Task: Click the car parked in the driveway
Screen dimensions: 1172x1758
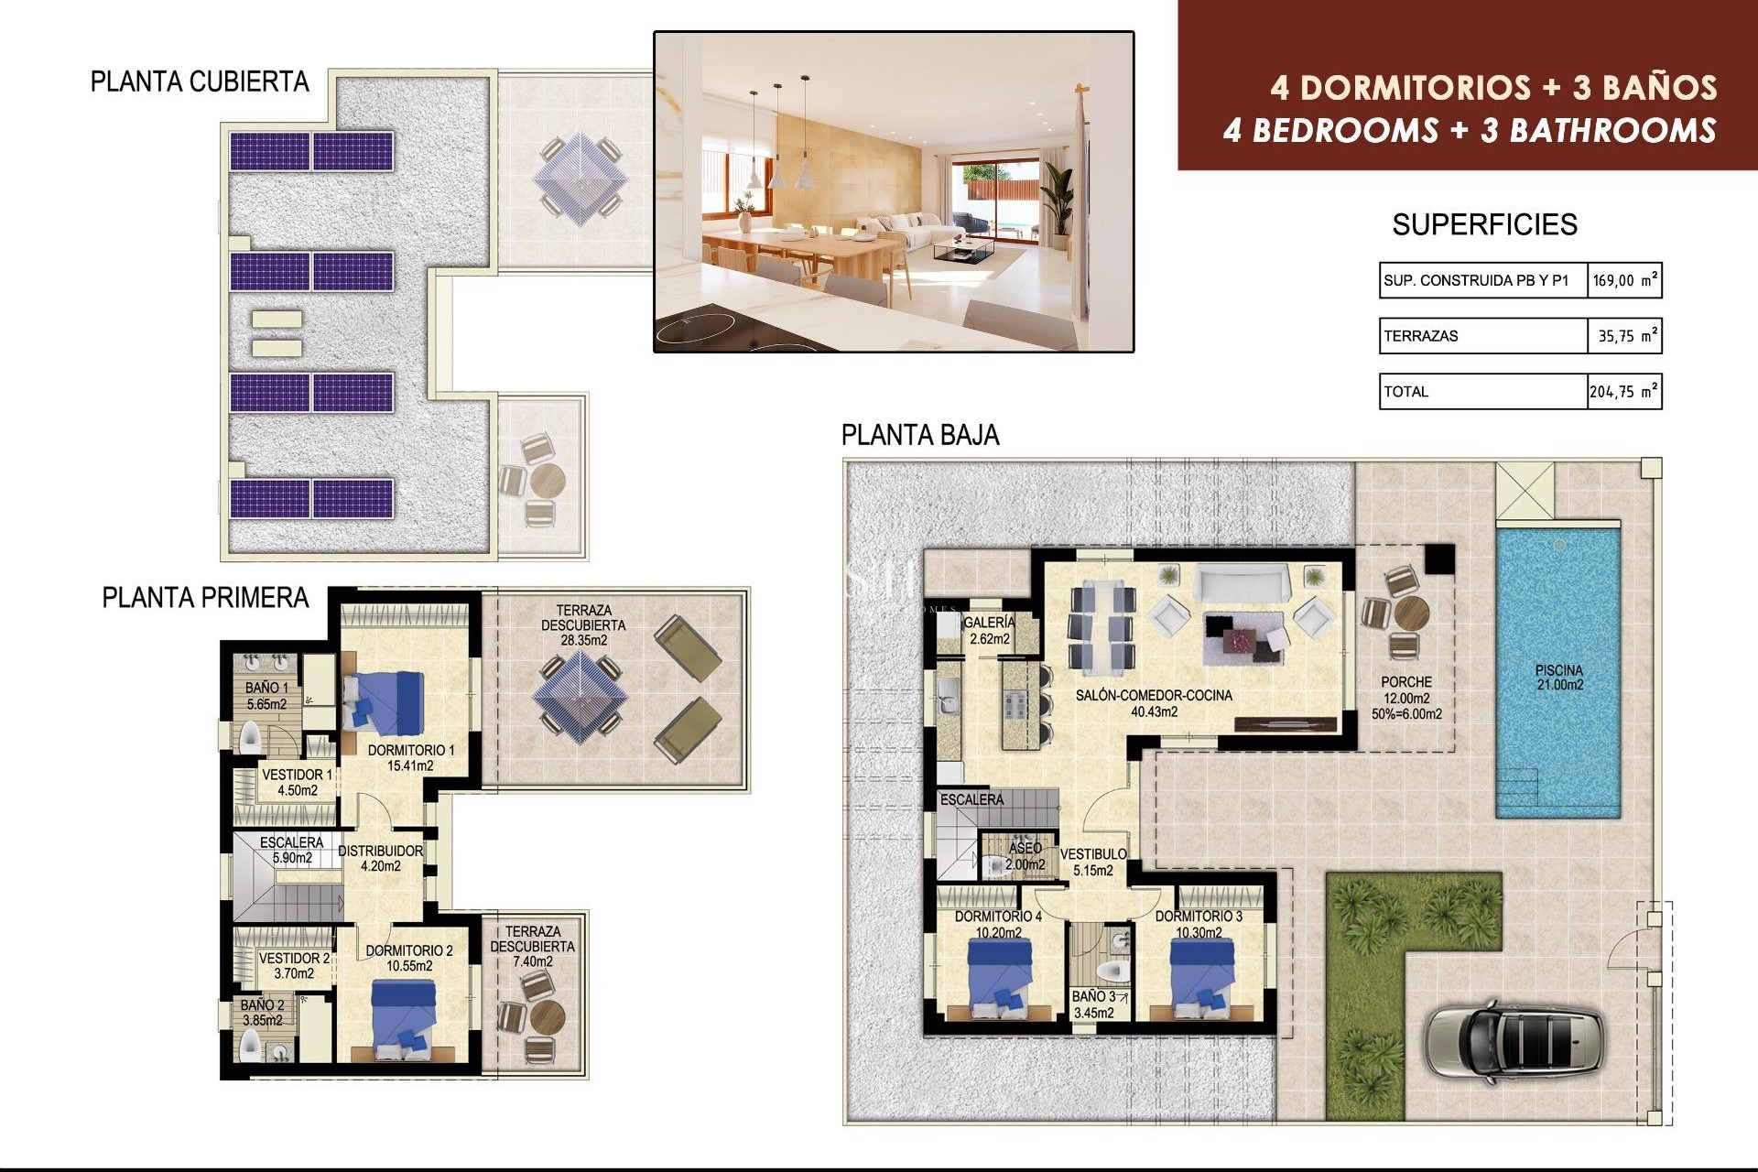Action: click(x=1514, y=1042)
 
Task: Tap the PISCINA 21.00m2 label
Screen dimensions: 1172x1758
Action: click(x=1559, y=678)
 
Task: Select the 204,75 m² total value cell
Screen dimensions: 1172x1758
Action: click(x=1623, y=392)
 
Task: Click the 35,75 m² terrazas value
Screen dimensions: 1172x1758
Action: click(x=1623, y=336)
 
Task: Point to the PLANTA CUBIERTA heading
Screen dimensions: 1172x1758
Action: click(x=200, y=82)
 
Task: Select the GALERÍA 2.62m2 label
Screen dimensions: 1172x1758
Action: click(x=989, y=631)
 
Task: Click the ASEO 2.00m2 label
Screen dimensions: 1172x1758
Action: click(x=1025, y=856)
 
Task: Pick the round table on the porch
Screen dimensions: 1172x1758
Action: click(x=1410, y=613)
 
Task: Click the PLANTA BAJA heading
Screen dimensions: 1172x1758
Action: click(x=920, y=435)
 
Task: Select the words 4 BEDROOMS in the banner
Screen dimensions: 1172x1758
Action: click(x=1330, y=131)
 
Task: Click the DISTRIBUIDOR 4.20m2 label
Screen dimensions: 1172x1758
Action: click(x=380, y=858)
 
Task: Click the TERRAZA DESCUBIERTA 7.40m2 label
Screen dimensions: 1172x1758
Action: click(x=532, y=946)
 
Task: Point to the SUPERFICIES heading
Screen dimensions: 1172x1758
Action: click(x=1484, y=225)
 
